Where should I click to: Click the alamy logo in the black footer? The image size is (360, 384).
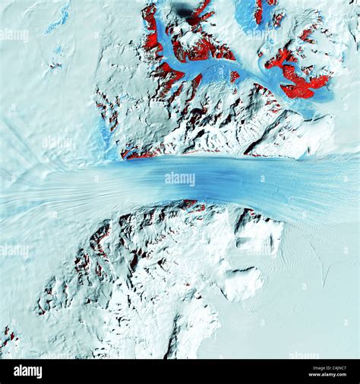28,371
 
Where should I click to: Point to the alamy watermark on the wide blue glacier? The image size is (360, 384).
179,178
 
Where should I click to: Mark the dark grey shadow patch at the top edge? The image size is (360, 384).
182,9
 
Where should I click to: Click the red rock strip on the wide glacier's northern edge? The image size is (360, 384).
141,155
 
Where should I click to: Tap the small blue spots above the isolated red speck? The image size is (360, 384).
57,51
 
